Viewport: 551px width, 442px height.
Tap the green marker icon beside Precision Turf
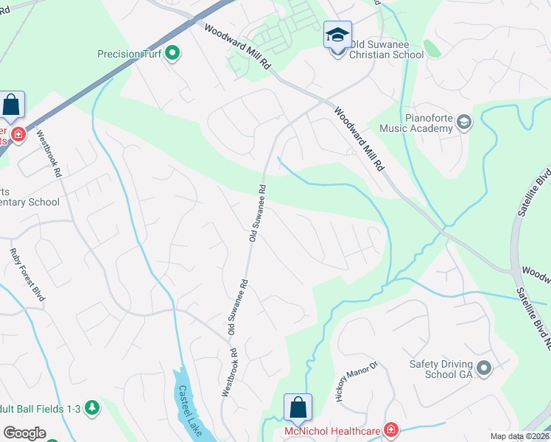172,53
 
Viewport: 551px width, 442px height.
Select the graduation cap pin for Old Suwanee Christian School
337,35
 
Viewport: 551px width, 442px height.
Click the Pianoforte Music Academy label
415,122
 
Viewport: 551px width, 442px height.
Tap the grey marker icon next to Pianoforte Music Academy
463,122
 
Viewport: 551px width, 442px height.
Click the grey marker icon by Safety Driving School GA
484,367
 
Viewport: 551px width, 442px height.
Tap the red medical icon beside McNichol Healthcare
390,429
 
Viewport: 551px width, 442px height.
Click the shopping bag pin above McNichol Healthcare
298,407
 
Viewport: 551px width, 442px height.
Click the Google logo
24,432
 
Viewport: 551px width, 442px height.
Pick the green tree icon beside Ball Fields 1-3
91,407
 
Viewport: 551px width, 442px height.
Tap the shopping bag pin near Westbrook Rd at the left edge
12,106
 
